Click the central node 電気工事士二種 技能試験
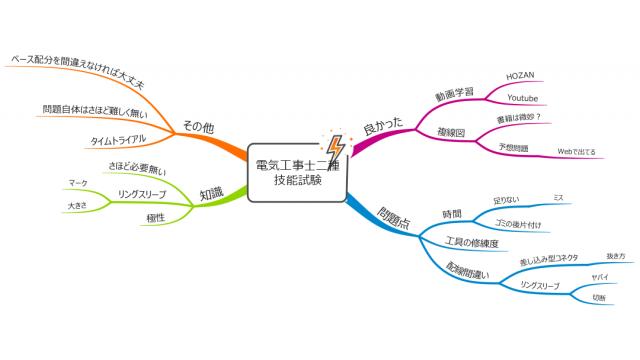tap(296, 172)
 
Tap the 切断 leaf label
tap(599, 297)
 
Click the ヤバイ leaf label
tap(600, 275)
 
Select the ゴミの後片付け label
tap(518, 224)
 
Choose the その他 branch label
tap(197, 127)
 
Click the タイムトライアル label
tap(119, 139)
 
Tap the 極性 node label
tap(155, 216)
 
